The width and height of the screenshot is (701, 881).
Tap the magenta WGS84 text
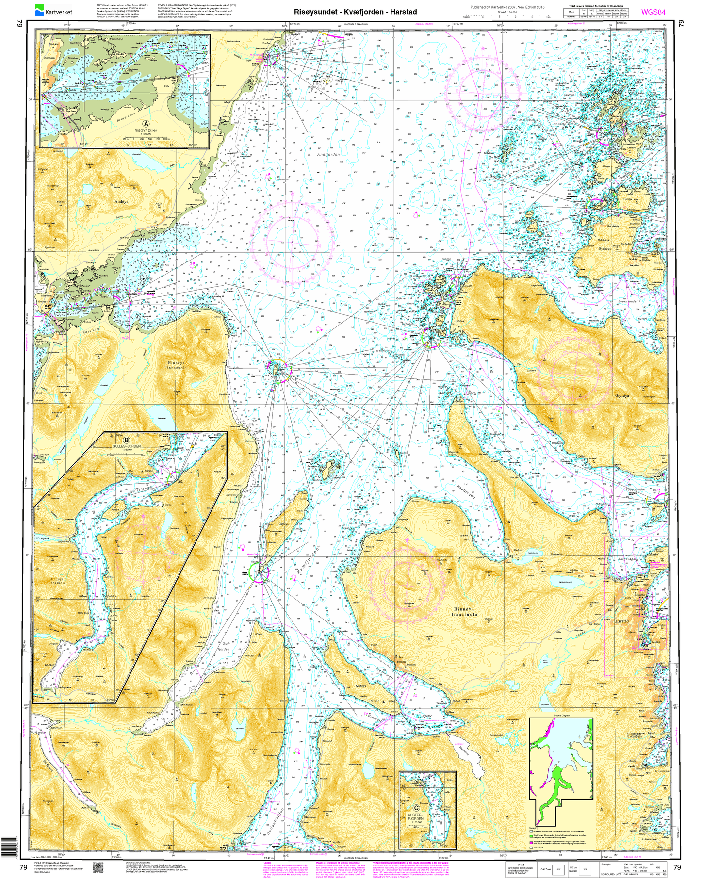click(652, 12)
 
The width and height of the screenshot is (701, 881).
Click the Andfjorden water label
click(328, 154)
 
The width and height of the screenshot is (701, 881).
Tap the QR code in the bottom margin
click(99, 867)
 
